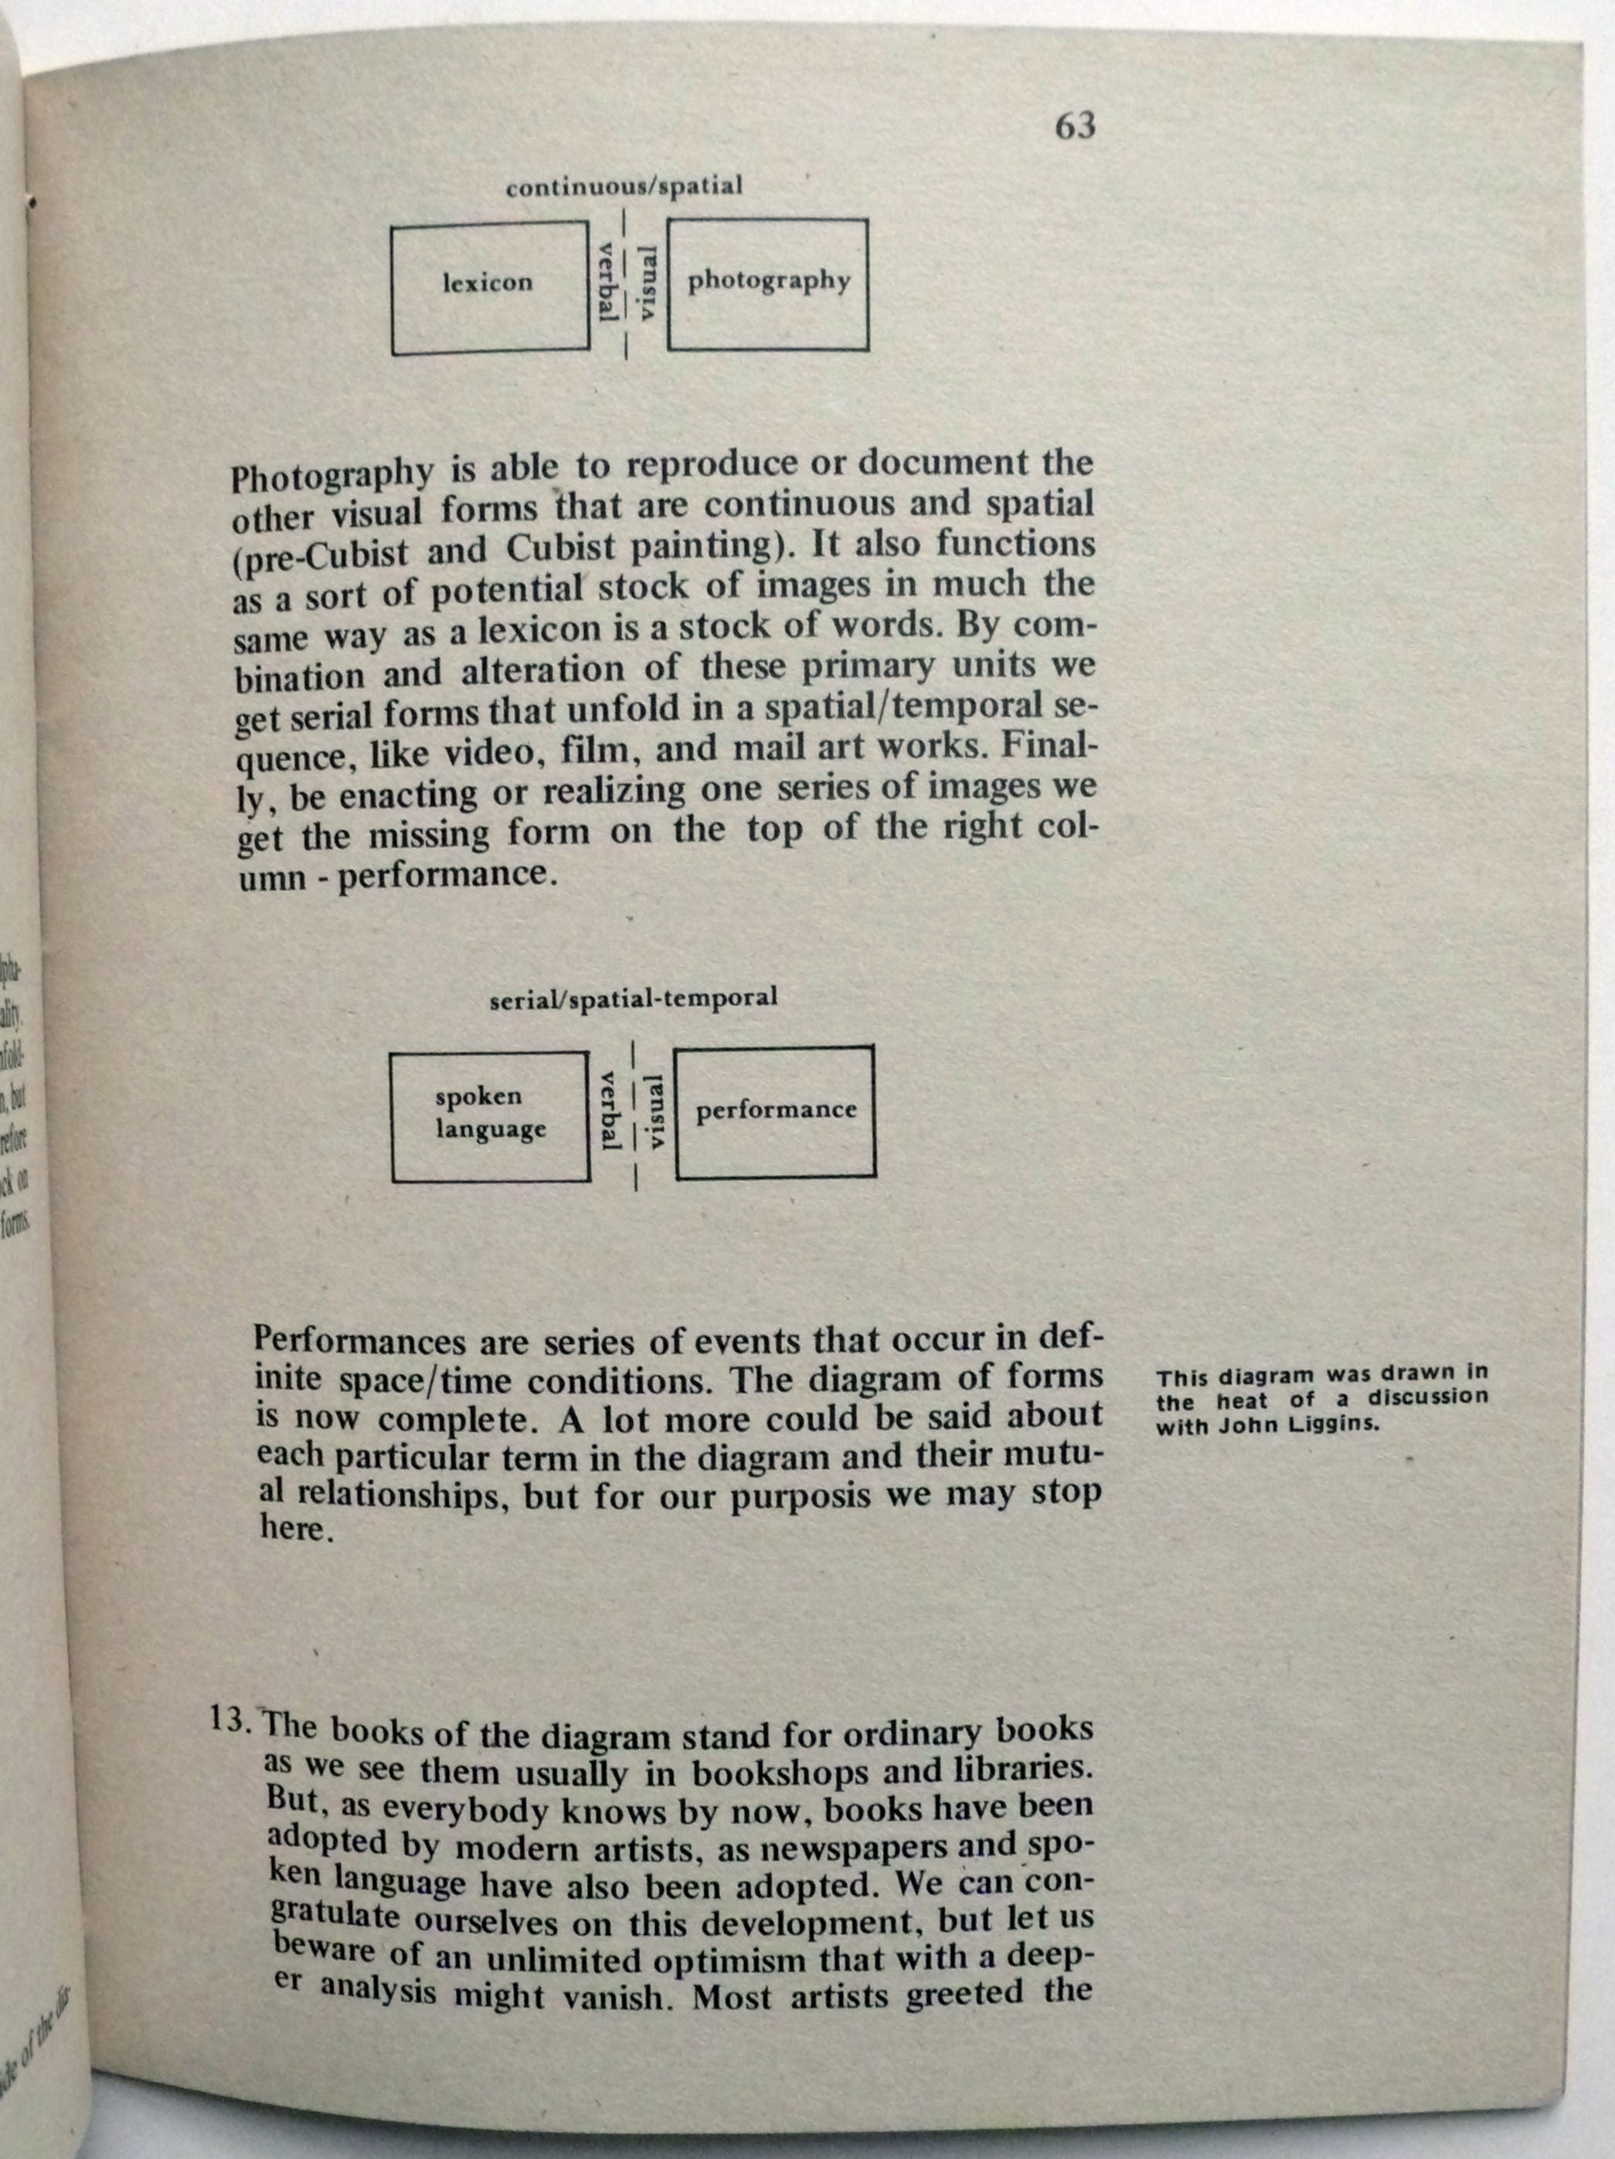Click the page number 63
coord(1075,126)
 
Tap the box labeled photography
coord(768,284)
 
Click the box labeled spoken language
coord(490,1117)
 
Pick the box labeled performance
coord(774,1112)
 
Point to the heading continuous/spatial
coord(624,185)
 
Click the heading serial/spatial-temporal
coord(634,997)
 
